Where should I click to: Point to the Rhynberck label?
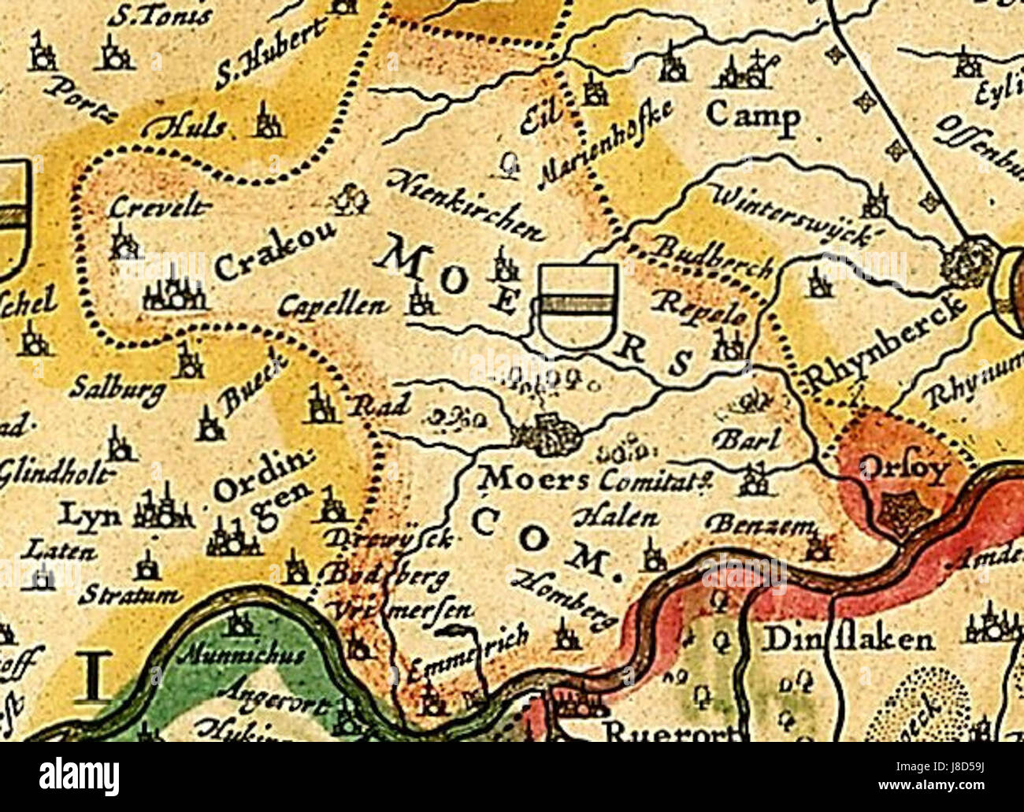tap(886, 343)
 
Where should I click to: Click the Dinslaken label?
tap(848, 639)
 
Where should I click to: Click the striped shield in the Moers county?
tap(577, 306)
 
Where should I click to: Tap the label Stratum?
tap(130, 594)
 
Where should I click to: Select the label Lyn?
tap(91, 516)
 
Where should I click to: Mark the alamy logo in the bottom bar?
tap(79, 777)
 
